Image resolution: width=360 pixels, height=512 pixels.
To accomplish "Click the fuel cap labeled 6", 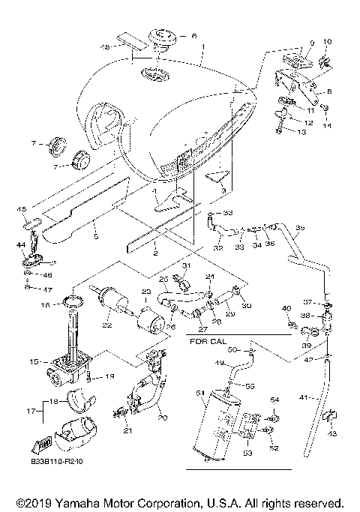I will point(160,35).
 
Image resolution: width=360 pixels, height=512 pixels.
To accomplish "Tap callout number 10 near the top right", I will point(325,41).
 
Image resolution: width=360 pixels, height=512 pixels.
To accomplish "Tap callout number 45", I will point(22,209).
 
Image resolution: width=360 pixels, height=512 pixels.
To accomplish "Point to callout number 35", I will point(299,227).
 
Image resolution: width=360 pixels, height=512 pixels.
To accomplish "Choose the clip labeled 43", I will point(328,415).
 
